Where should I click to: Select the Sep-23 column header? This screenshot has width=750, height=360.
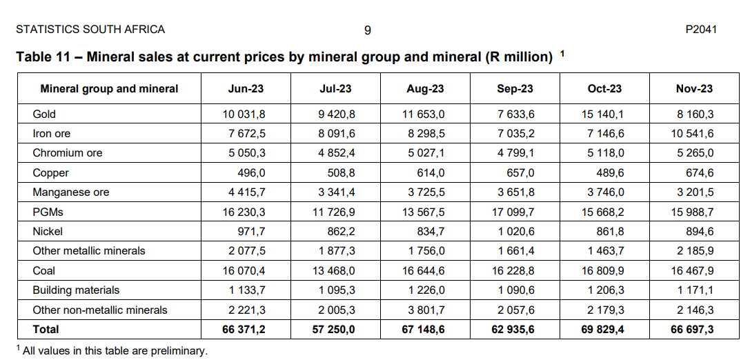[515, 88]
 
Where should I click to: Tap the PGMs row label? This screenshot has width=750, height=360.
[48, 212]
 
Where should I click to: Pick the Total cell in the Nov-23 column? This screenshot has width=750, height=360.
[692, 330]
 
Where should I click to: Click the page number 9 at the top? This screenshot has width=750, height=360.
[368, 30]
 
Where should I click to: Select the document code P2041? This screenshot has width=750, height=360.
[701, 30]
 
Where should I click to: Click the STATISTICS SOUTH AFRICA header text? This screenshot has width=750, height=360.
[90, 30]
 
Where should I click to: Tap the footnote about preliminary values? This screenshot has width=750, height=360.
[114, 351]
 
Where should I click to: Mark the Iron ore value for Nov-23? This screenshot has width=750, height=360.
[692, 134]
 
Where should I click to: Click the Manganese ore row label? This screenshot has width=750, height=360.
[71, 192]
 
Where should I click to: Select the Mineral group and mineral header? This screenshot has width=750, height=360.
[109, 88]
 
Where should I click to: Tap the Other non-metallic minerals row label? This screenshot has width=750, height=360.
[100, 310]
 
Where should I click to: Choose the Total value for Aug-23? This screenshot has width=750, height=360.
[424, 330]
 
